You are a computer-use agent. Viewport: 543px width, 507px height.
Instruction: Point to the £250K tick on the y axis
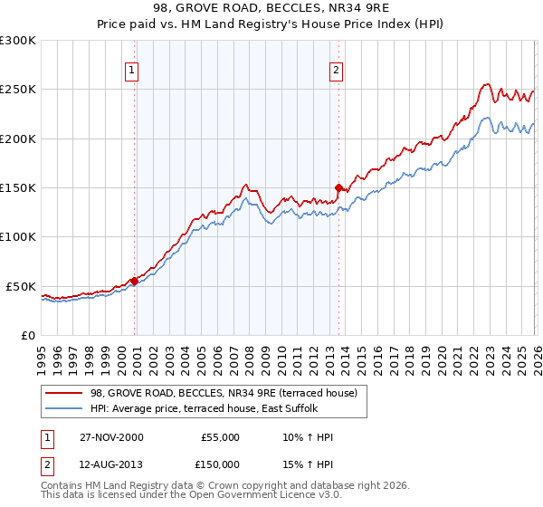tap(18, 90)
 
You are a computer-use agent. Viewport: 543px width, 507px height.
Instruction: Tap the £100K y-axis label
tap(18, 237)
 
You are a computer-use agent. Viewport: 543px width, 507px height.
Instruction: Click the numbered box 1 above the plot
tap(132, 70)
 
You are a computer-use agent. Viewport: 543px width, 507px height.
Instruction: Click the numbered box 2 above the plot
tap(336, 70)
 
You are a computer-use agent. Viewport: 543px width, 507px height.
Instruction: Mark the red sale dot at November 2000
tap(135, 281)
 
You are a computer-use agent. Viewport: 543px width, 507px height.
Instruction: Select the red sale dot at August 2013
tap(338, 188)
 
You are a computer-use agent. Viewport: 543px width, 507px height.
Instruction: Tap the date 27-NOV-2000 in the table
tap(107, 437)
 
